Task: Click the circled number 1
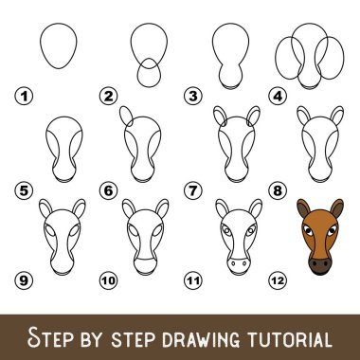(24, 96)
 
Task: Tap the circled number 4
(278, 96)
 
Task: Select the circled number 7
(193, 190)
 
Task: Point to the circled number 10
(108, 280)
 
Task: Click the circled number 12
(278, 280)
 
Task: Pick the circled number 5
(24, 190)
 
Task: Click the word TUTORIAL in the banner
(289, 338)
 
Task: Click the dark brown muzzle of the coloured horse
(320, 265)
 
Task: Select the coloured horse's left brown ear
(303, 207)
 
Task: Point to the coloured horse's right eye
(333, 230)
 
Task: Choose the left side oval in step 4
(276, 58)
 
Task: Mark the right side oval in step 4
(343, 58)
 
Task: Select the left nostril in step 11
(233, 262)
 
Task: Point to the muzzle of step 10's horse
(145, 266)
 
